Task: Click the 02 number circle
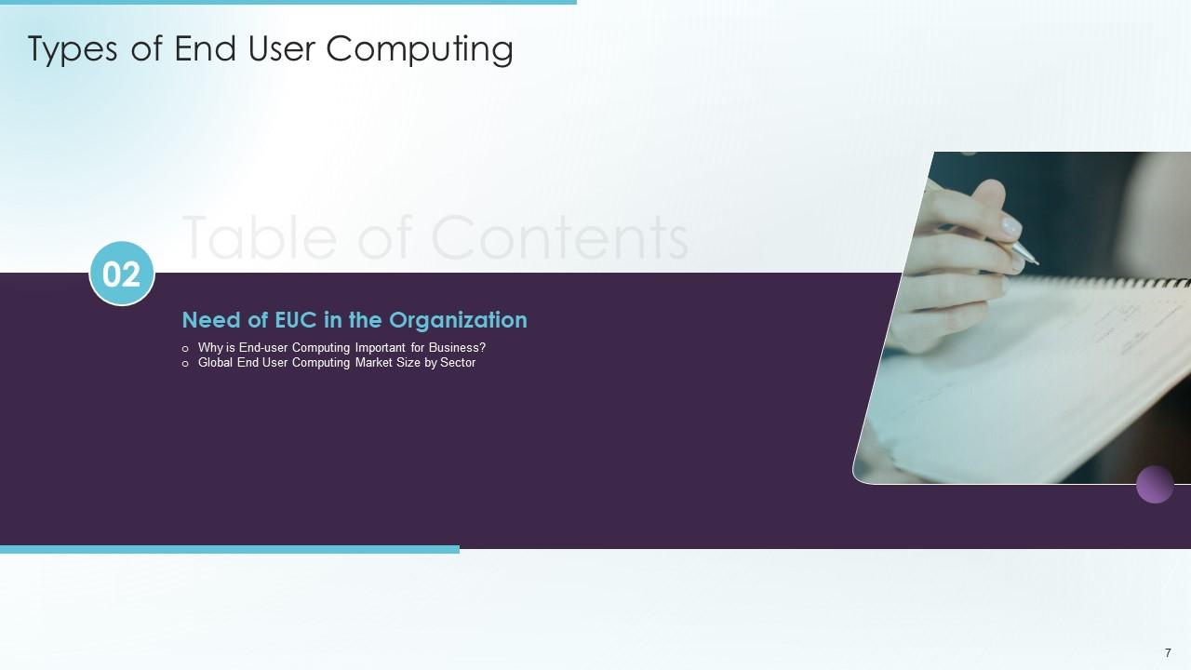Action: coord(122,274)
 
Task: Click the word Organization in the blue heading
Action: coord(458,320)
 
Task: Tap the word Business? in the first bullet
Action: coord(455,348)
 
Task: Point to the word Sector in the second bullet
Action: coord(458,363)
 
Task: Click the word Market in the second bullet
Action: coord(374,363)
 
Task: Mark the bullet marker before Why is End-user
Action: coord(185,349)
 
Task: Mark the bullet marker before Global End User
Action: coord(185,364)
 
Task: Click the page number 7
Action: coord(1168,653)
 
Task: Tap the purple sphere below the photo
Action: coord(1155,485)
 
